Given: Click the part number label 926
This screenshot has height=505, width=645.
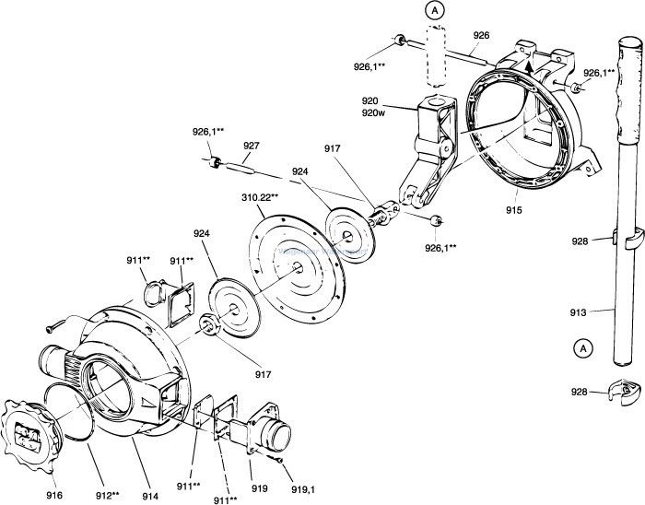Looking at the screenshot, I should coord(480,36).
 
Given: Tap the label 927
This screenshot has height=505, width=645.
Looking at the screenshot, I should coord(251,146).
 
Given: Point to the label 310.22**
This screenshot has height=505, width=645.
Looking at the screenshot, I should coord(261,197).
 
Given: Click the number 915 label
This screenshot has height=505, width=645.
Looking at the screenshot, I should coord(513,211).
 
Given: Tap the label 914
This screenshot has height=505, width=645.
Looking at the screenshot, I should coord(149,495).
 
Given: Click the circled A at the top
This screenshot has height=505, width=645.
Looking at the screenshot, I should coord(432,10).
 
